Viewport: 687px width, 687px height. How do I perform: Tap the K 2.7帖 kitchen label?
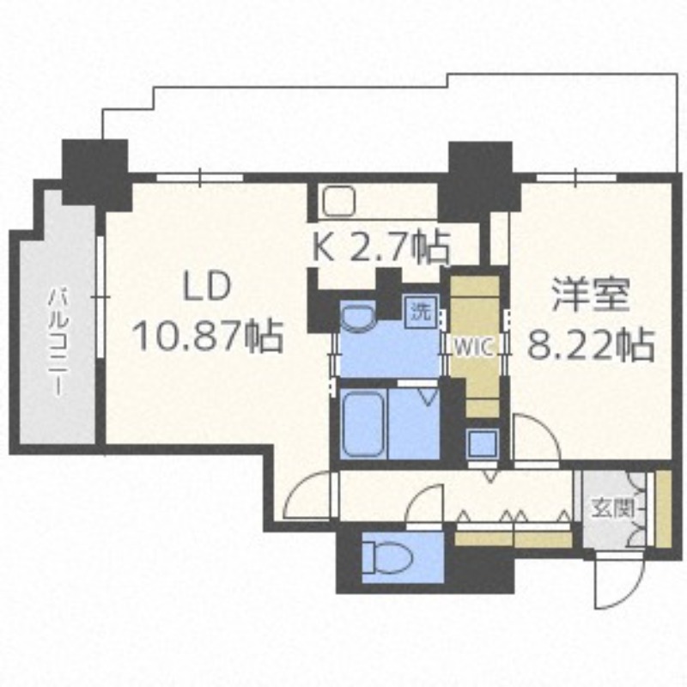point(379,247)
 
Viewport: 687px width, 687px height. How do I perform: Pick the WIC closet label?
point(472,349)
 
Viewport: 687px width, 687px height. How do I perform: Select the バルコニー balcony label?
point(58,340)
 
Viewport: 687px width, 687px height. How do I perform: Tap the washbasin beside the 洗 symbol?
point(356,319)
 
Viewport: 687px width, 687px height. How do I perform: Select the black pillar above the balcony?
point(95,171)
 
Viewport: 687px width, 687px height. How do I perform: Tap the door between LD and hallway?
point(310,498)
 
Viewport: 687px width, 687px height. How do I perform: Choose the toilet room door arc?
point(425,507)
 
